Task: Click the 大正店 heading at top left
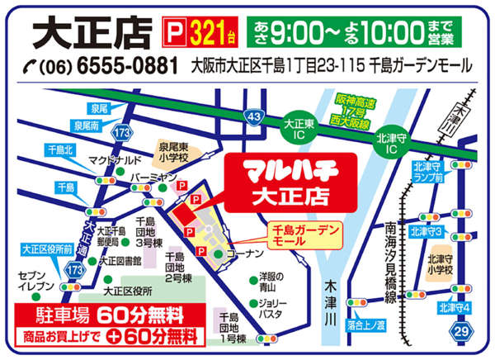[x=92, y=31]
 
